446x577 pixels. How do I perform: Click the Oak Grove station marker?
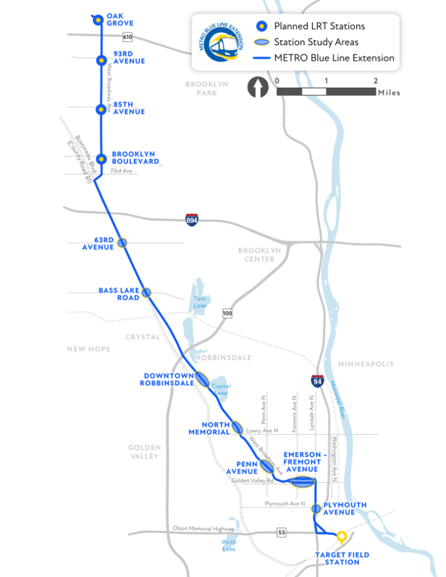(x=98, y=20)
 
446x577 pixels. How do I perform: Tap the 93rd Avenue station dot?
(x=100, y=61)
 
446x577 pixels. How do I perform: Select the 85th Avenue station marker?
(x=100, y=110)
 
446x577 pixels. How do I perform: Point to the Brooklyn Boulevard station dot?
(x=100, y=158)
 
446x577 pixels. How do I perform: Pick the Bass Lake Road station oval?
(x=147, y=292)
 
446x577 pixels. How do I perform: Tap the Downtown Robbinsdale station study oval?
(x=202, y=379)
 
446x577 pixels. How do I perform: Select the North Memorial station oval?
(x=237, y=427)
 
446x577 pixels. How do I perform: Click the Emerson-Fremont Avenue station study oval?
(x=303, y=481)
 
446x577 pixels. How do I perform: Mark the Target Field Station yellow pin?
(x=342, y=537)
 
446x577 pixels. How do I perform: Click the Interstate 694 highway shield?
(x=192, y=220)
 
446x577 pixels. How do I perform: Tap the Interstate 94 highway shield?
(x=317, y=381)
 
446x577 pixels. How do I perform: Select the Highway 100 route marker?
(x=227, y=313)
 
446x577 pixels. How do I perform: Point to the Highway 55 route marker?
(x=281, y=531)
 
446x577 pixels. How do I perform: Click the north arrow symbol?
(x=258, y=87)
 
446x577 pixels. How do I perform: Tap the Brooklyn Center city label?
(x=259, y=255)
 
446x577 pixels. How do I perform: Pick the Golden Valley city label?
(x=145, y=452)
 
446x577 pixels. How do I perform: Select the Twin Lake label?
(x=201, y=302)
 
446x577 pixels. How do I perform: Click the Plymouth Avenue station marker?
(x=315, y=508)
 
